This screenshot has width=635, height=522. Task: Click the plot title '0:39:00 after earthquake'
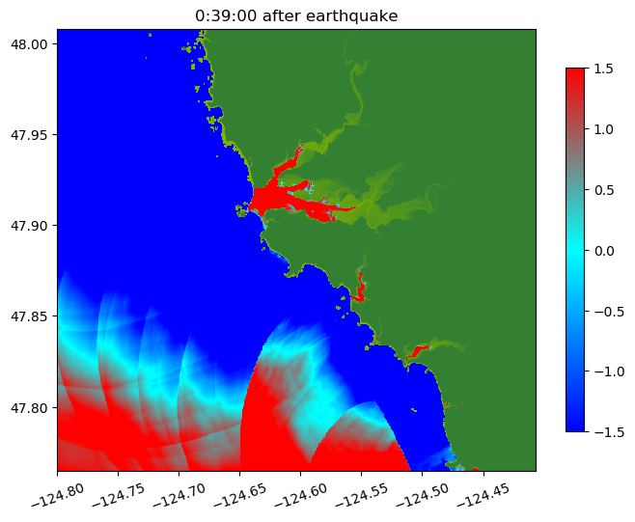click(296, 15)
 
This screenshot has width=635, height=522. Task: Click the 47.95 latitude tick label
click(30, 134)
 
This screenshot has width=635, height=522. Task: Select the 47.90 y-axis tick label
click(30, 225)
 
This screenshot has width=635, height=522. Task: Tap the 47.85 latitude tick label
click(30, 316)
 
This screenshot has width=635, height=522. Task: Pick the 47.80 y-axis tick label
click(30, 407)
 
